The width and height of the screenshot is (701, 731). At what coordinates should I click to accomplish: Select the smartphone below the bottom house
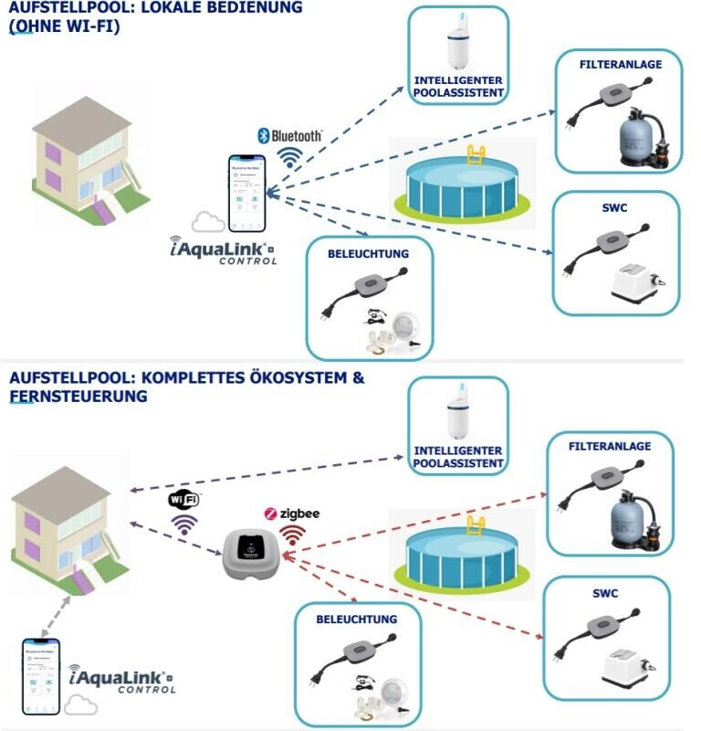coord(40,676)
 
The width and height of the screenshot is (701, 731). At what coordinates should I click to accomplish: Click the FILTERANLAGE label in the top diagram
coord(621,65)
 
